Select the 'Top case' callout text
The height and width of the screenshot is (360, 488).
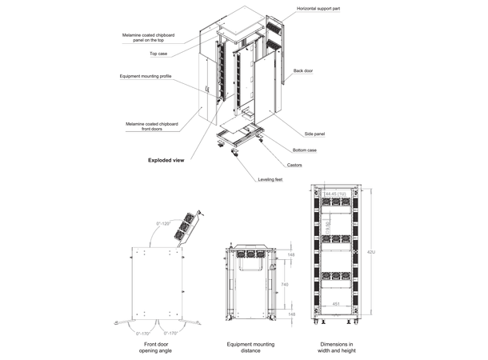[x=158, y=54]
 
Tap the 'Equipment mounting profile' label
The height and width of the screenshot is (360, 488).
[x=146, y=76]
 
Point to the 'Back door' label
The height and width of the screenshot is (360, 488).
[x=303, y=71]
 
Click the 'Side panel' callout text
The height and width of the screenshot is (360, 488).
[x=315, y=134]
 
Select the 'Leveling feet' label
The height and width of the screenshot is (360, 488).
[x=270, y=179]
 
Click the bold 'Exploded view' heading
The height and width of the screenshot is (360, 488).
[x=166, y=160]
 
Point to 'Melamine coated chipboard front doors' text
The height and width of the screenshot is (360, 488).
[x=151, y=126]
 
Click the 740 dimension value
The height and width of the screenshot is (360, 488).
[x=286, y=284]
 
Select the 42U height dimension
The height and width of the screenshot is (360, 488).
[x=368, y=253]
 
